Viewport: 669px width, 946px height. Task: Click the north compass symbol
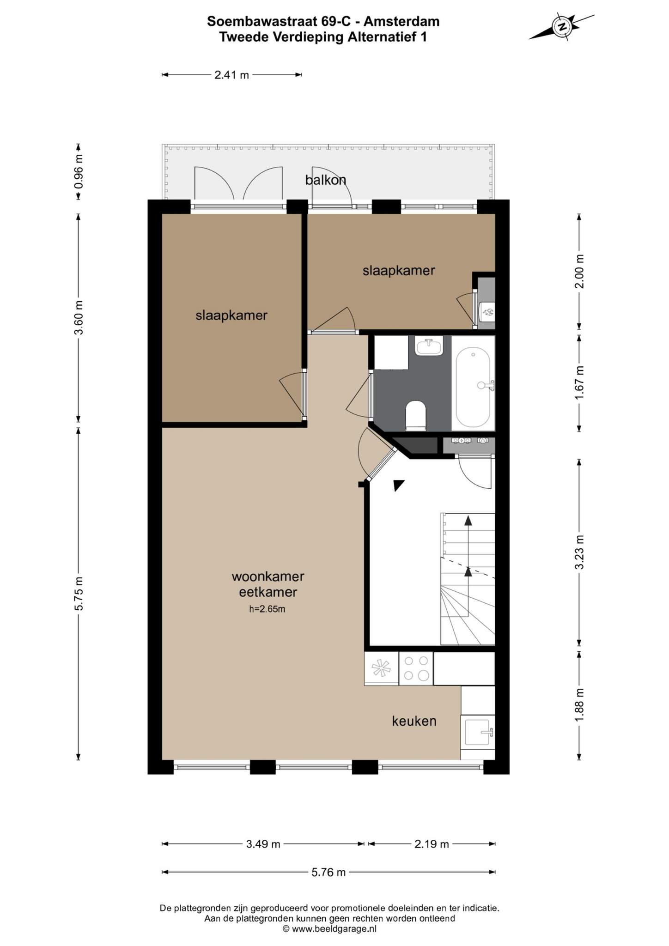(562, 27)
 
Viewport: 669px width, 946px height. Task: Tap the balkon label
(326, 180)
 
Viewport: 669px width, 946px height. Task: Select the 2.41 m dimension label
(231, 75)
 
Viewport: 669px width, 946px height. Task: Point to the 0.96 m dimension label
(79, 172)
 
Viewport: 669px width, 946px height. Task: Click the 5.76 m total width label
(328, 872)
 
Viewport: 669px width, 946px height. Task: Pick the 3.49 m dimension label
(263, 844)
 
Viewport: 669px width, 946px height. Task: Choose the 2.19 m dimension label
(432, 844)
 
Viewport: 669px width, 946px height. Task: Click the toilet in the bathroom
(415, 415)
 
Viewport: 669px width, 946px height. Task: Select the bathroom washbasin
(429, 346)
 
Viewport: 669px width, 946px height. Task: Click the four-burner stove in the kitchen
(416, 668)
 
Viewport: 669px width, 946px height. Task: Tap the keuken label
(414, 721)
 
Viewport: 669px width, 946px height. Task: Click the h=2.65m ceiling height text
(267, 609)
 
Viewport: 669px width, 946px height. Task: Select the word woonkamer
(268, 576)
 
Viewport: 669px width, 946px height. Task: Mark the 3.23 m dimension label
(579, 552)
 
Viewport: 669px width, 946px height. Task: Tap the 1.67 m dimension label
(579, 383)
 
